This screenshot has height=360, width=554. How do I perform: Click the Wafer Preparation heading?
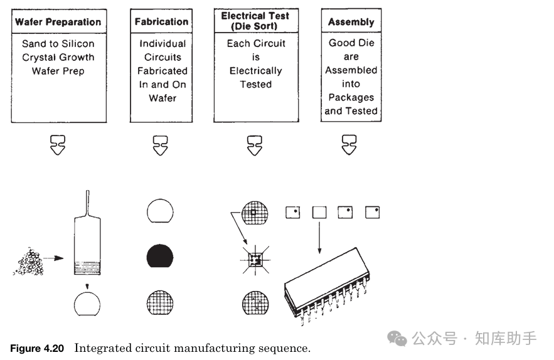coord(58,22)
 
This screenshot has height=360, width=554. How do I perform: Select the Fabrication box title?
coord(161,22)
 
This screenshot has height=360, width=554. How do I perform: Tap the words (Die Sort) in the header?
coord(255,26)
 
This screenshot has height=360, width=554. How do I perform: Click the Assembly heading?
coord(351,22)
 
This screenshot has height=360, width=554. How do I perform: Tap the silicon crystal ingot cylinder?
coord(87,245)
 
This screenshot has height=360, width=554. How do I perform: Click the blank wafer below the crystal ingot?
coord(87,305)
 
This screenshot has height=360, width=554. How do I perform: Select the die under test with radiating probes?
coord(255,258)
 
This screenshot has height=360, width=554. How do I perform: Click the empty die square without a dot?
coord(319,213)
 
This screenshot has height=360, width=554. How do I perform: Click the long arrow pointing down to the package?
coord(319,236)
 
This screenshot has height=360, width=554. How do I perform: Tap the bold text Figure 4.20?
coord(37,349)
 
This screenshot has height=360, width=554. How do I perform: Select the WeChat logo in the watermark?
coord(397,339)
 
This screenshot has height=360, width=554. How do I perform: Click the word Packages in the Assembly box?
coord(351,97)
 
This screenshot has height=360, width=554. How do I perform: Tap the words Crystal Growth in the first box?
coord(58,57)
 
